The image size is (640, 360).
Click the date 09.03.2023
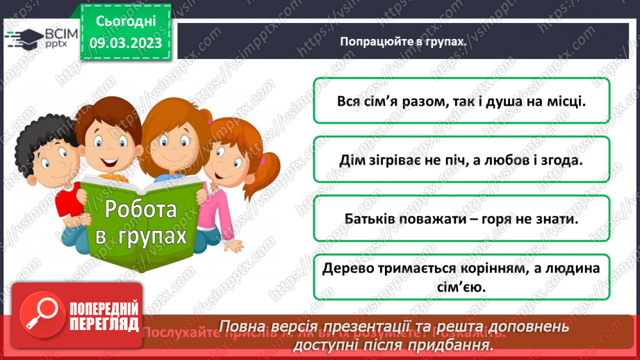click(126, 43)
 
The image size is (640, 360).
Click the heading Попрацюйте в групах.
click(401, 42)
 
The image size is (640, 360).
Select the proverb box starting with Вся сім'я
click(461, 101)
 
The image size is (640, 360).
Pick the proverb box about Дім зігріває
click(461, 159)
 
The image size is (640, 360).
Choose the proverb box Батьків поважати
click(461, 218)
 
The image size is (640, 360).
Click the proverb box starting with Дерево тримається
click(461, 277)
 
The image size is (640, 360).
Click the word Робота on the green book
click(141, 209)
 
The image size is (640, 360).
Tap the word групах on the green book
click(153, 236)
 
